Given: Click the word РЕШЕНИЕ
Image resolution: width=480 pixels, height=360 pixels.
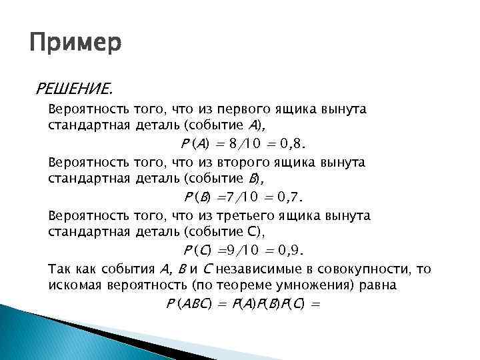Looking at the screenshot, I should (74, 89).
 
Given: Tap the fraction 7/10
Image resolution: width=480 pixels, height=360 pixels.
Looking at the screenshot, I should (237, 197).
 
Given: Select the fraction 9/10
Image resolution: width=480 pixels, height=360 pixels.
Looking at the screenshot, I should (237, 251).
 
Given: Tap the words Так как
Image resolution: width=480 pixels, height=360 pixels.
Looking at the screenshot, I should (72, 269).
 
